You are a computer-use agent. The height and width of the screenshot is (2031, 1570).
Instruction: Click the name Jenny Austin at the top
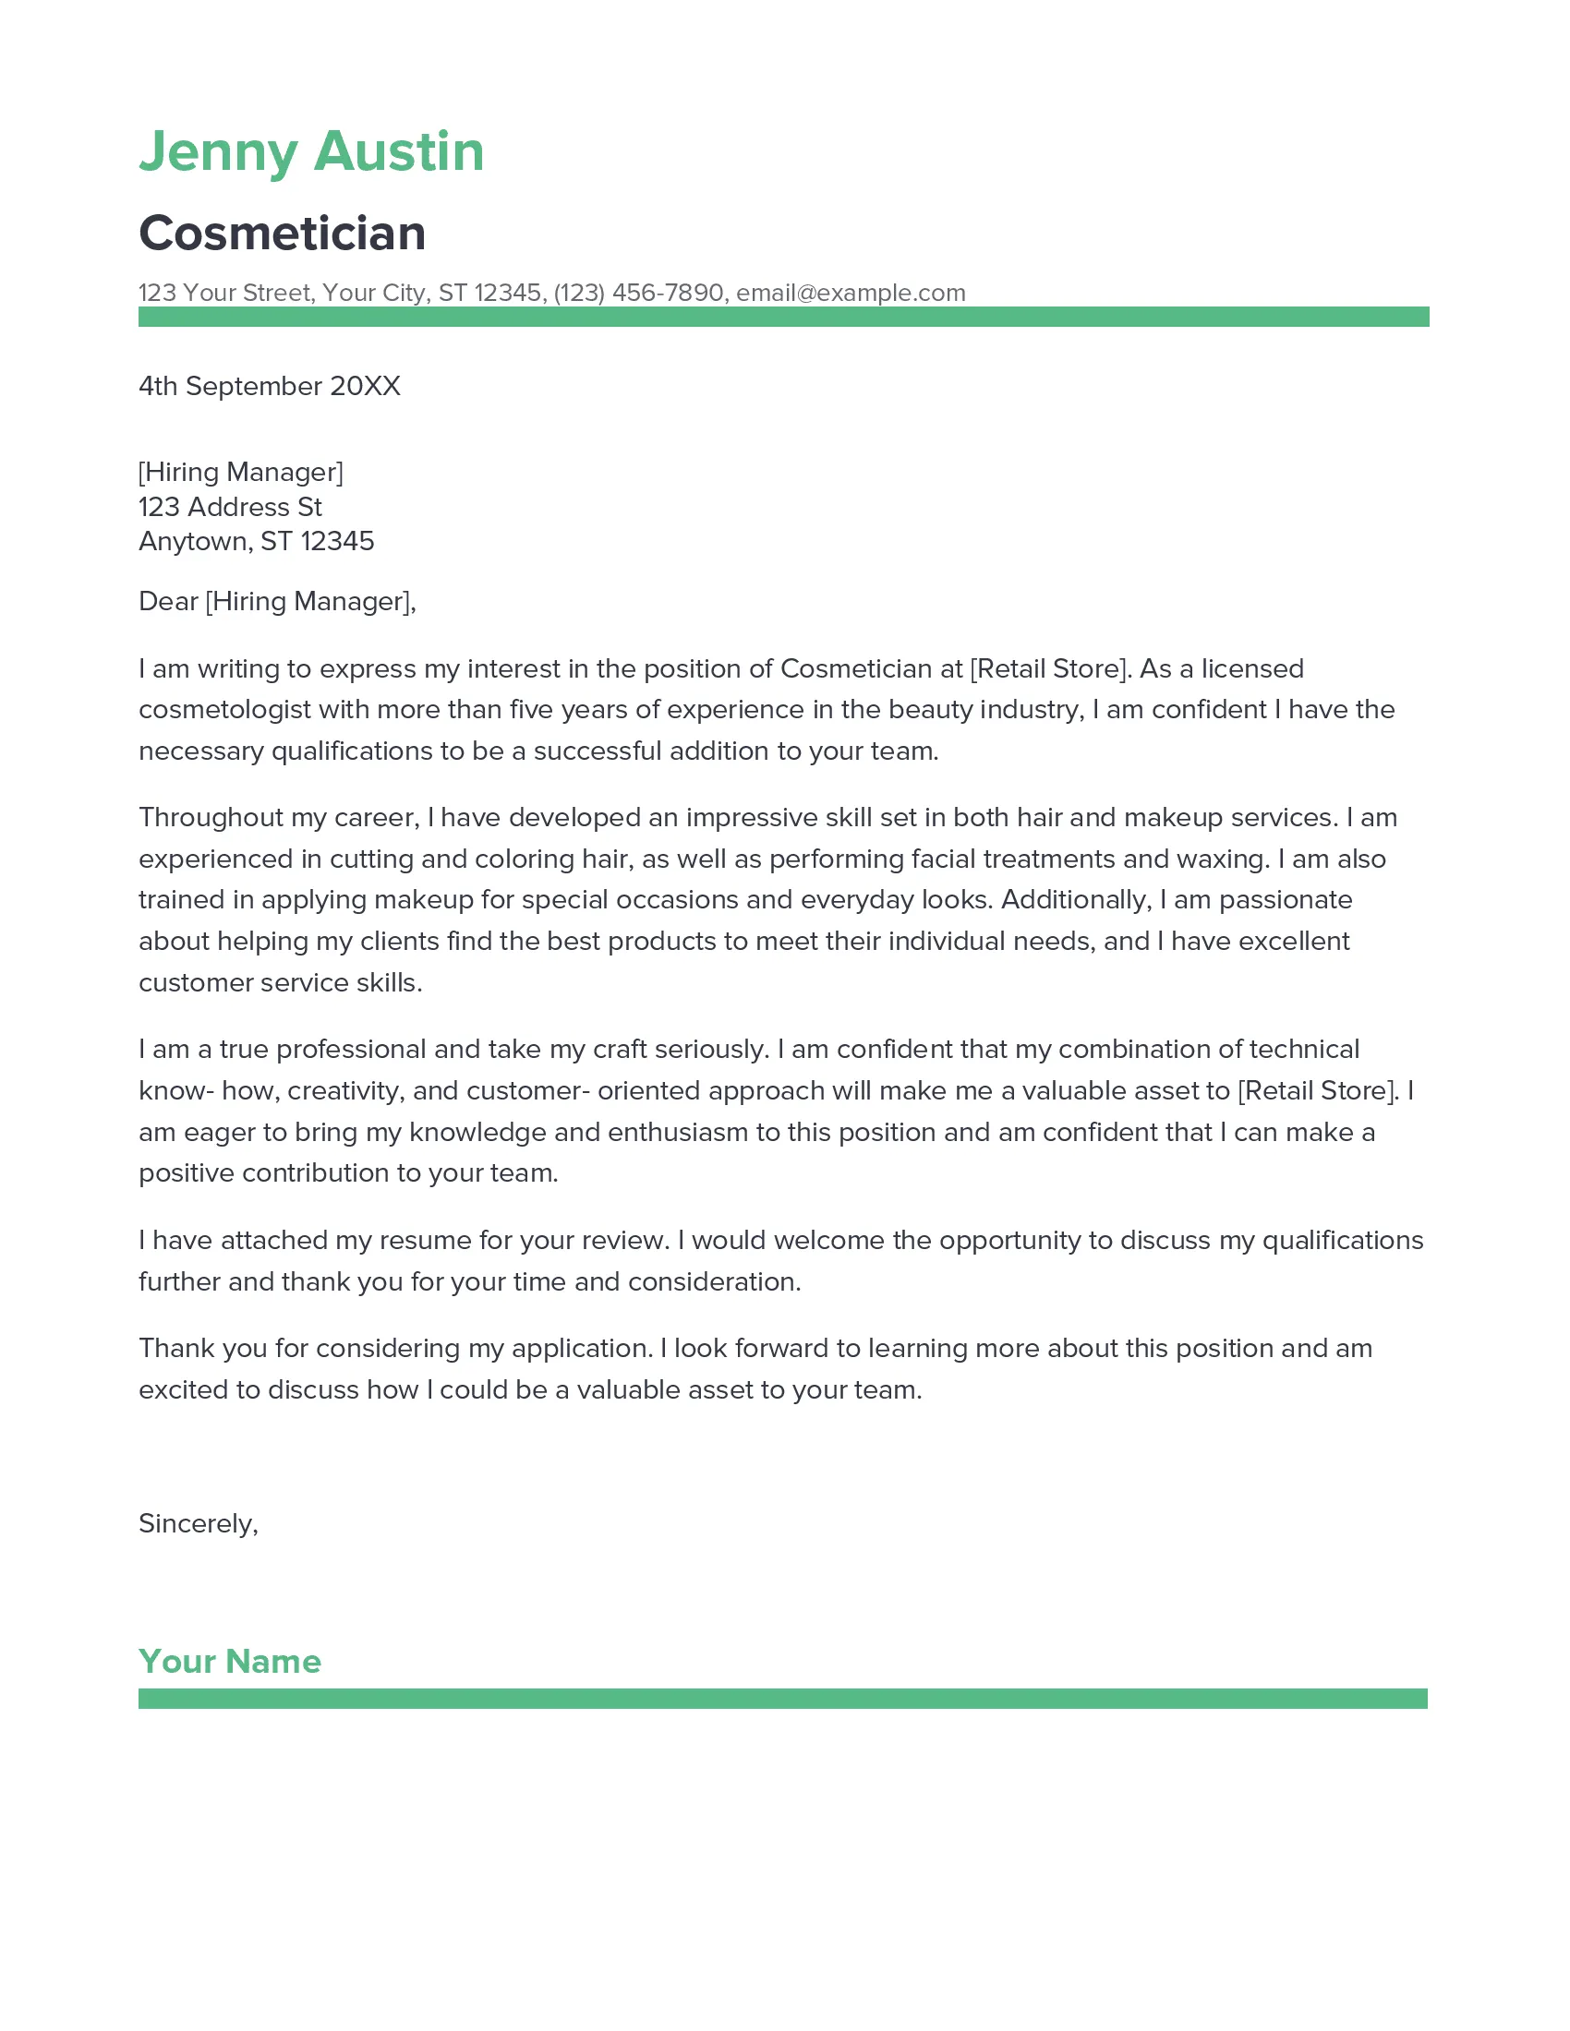[310, 152]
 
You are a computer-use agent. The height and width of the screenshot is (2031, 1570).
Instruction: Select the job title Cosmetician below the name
[282, 234]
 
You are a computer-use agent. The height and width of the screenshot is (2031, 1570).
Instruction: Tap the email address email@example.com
[850, 293]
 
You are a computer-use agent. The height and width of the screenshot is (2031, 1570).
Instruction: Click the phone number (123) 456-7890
[638, 293]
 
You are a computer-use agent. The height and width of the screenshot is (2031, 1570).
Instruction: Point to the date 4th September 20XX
[269, 386]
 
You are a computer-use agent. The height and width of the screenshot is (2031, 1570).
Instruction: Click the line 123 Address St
[230, 507]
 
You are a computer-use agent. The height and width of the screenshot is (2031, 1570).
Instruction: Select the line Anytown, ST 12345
[256, 541]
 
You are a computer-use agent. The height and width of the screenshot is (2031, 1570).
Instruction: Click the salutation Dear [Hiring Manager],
[276, 602]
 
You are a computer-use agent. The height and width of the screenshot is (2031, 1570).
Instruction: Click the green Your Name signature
[230, 1662]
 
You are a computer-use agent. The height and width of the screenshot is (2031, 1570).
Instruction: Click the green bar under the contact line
[783, 317]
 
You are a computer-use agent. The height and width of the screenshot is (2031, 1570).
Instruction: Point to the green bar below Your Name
[782, 1699]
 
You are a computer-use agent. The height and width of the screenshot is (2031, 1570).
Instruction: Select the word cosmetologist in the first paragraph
[224, 710]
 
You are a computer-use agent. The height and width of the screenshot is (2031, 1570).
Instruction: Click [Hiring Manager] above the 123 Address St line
[240, 473]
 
